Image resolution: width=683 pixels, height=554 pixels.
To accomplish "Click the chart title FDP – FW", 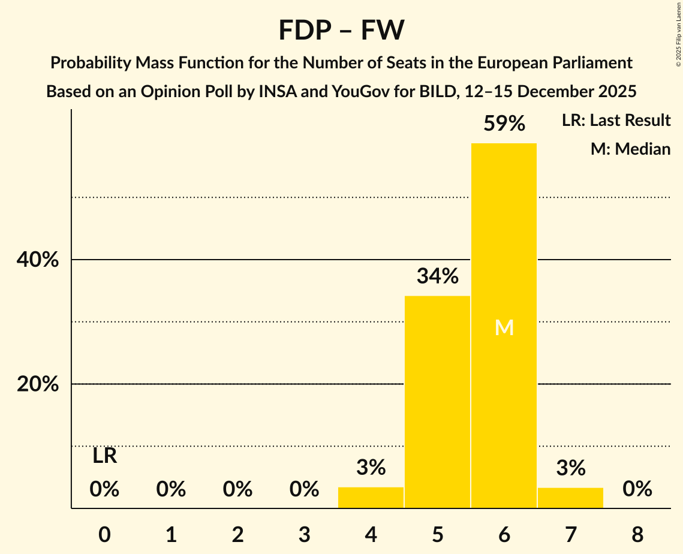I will (341, 30).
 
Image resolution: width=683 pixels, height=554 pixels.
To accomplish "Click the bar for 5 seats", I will (437, 402).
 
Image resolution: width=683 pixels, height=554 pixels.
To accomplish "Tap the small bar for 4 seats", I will (371, 498).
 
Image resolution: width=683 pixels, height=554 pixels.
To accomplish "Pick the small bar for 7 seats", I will (570, 498).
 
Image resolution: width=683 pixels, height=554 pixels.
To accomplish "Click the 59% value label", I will (504, 124).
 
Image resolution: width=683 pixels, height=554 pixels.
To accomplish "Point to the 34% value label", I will (437, 276).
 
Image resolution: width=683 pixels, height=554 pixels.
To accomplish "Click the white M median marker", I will (504, 327).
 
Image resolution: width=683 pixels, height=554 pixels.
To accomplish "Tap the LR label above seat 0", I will (104, 456).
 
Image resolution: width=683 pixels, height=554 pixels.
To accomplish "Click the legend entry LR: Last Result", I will (616, 121).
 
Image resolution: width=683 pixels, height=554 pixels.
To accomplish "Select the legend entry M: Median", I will (630, 149).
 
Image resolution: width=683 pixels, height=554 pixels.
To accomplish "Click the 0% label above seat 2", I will (237, 490).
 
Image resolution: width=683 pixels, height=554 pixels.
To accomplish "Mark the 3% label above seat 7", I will (570, 468).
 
